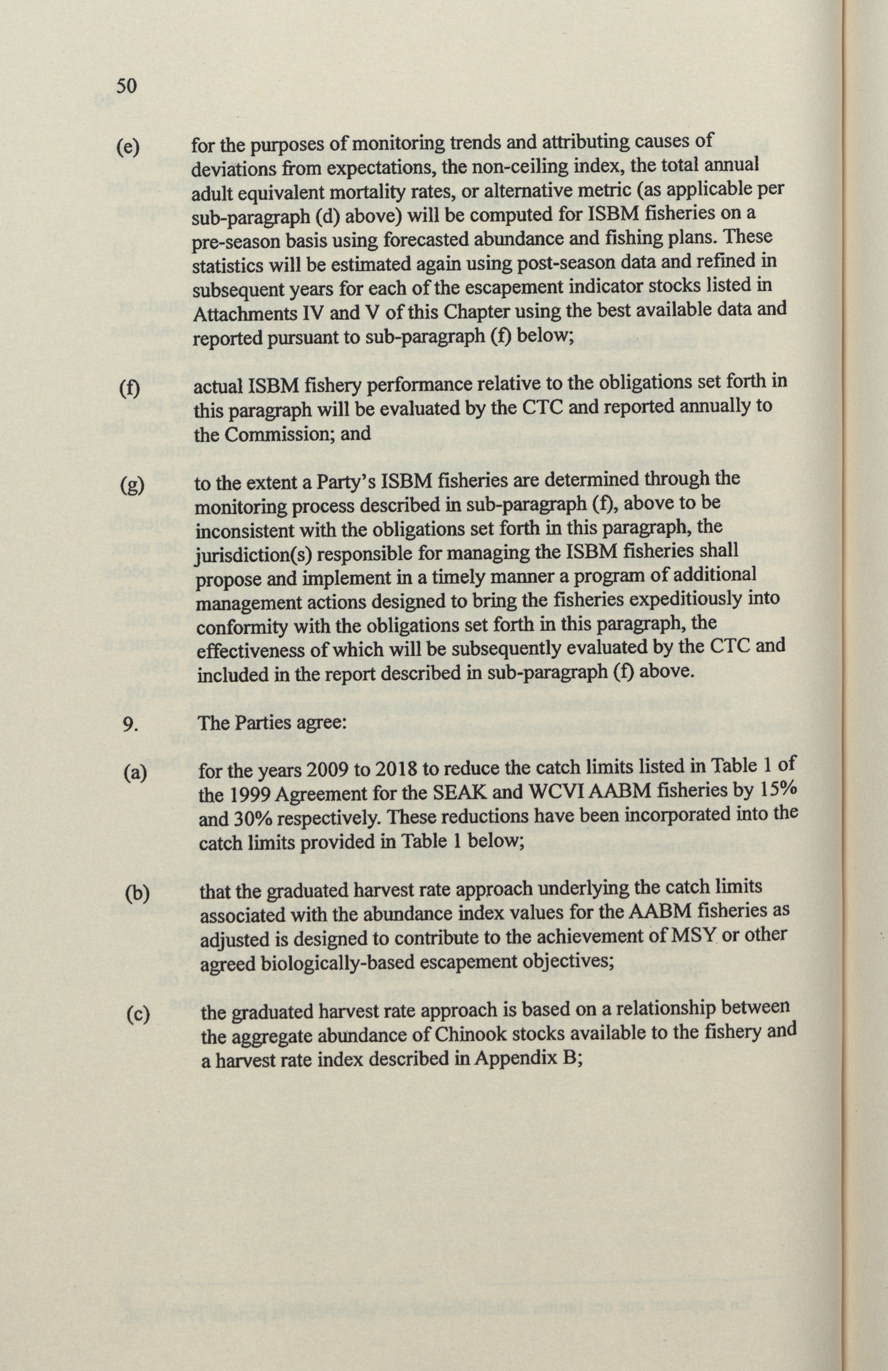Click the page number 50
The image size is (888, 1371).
pos(125,86)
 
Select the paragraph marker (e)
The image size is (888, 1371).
pos(127,148)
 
